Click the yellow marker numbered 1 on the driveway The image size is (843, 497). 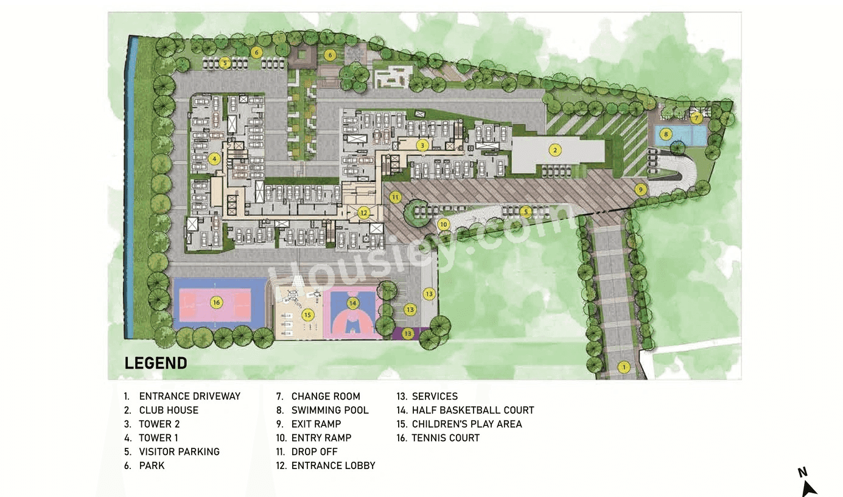[623, 367]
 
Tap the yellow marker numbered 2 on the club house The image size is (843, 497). [554, 149]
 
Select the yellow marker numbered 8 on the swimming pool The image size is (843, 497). [666, 133]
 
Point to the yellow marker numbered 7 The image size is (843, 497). [696, 118]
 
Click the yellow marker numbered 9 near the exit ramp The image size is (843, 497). [640, 189]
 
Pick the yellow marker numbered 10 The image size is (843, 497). [444, 224]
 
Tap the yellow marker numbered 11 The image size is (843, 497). [396, 197]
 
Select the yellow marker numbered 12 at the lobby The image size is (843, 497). [364, 213]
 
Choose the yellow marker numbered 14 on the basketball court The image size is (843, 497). [352, 302]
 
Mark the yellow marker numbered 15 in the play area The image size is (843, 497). [307, 315]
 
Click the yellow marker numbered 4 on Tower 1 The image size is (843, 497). [213, 159]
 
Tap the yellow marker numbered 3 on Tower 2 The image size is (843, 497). [422, 145]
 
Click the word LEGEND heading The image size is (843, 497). [156, 363]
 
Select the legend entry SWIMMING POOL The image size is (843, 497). [330, 410]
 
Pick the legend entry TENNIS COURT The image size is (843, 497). [446, 438]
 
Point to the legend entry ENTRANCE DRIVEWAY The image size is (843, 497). [189, 396]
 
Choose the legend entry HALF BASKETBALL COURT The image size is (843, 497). [472, 410]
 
